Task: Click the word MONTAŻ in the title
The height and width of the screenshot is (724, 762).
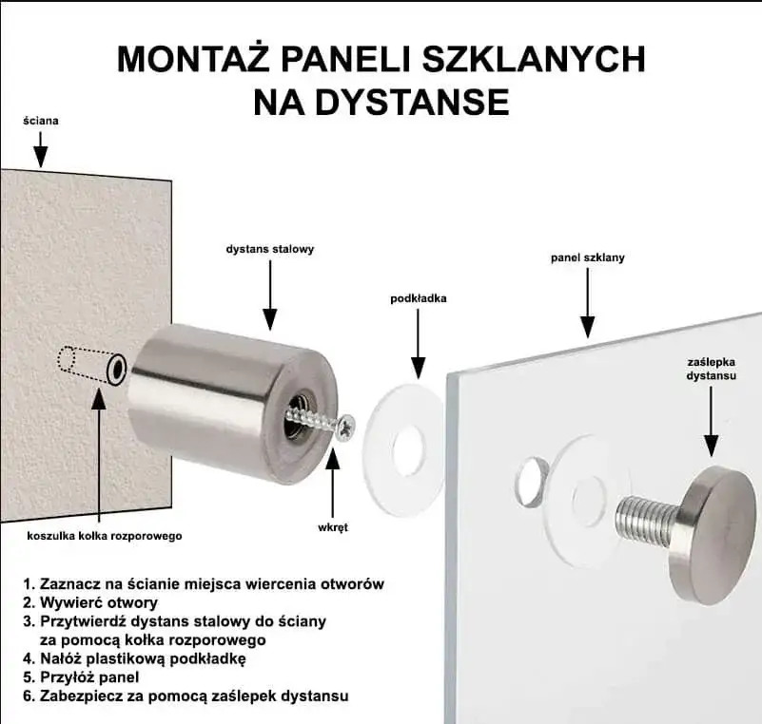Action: pos(194,58)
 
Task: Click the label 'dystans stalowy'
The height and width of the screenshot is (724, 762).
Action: pos(269,249)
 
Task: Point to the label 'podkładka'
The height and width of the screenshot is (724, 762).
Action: pos(418,298)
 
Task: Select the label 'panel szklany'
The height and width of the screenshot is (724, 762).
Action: pos(588,257)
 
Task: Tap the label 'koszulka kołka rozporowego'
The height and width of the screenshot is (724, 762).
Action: pos(104,536)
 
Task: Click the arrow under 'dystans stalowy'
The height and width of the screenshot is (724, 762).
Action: pos(269,295)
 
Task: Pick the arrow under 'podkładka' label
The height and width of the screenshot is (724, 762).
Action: pos(418,343)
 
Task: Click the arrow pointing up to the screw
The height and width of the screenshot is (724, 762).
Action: pos(332,480)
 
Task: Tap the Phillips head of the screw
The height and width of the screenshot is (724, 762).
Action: pos(344,428)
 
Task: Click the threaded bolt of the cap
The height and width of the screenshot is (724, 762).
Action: pos(646,519)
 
